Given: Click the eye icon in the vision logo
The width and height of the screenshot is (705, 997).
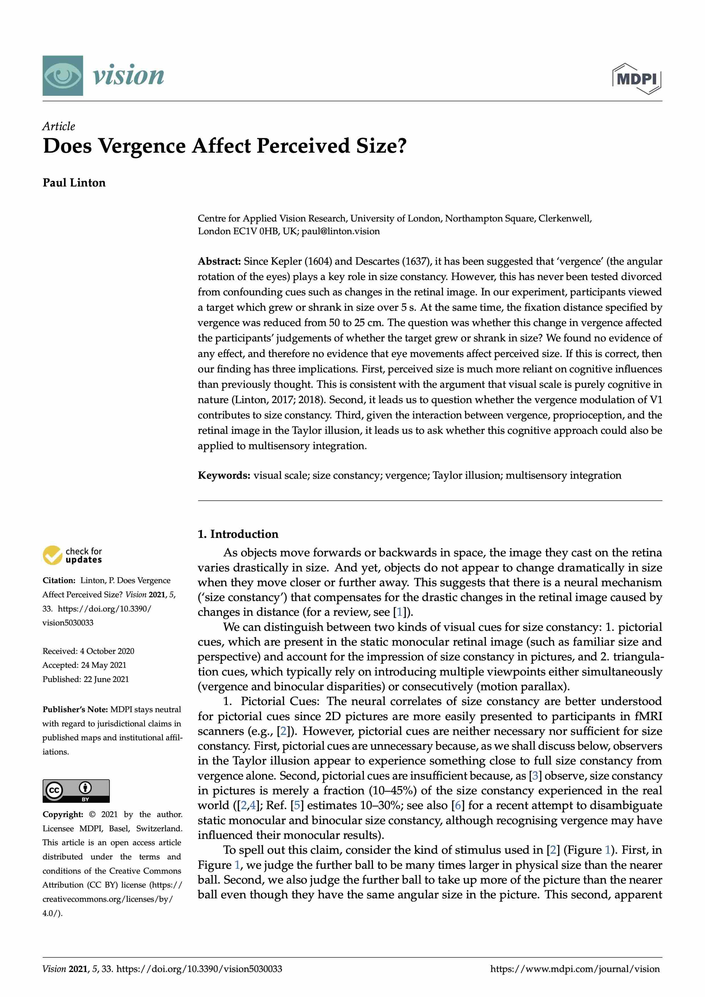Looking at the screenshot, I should pos(63,76).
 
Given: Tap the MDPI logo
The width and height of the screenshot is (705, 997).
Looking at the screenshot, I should pos(637,78).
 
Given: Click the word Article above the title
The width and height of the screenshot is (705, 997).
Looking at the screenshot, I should pos(59,126).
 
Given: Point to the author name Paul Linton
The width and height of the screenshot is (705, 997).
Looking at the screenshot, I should pos(74,183).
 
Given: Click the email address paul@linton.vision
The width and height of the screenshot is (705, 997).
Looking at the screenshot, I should pos(340,231).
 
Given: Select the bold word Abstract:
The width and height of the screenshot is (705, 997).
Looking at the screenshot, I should pos(219,262).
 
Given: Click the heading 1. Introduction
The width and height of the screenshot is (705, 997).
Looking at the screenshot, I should pos(238,534).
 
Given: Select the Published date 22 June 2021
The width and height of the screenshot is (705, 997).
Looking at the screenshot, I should pos(106,679).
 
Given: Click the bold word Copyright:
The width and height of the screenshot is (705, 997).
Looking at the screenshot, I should pos(63,814).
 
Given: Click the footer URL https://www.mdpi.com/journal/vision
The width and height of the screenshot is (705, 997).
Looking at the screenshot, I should pos(575,969).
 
